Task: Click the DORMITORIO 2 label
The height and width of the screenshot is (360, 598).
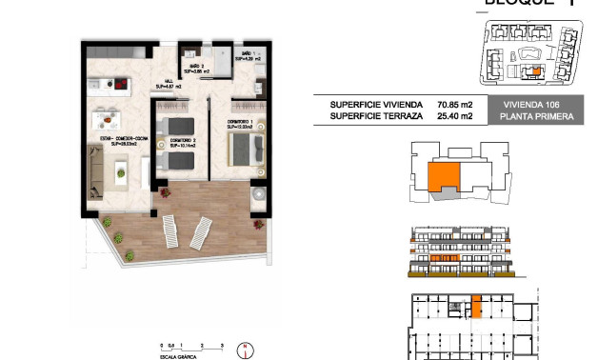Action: click(x=184, y=143)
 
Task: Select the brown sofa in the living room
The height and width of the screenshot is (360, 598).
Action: click(x=96, y=172)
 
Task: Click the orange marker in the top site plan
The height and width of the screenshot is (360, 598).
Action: click(x=534, y=70)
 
